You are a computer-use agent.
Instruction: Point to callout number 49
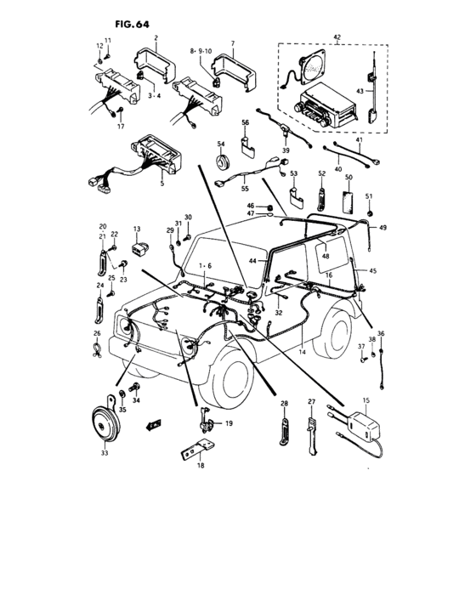383,228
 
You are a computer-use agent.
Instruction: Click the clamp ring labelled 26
98,346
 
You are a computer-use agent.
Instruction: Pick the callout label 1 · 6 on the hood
205,265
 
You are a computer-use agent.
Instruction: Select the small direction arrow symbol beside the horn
154,422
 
